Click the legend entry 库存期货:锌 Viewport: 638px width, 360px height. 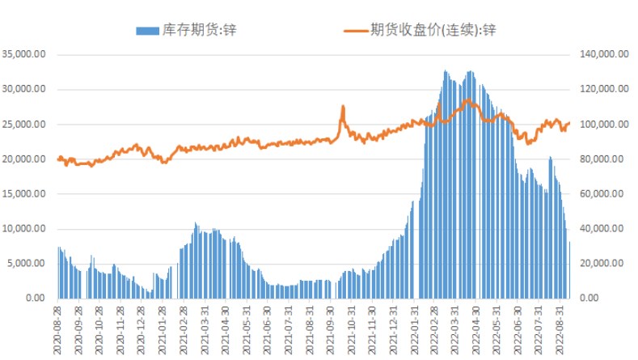(198, 31)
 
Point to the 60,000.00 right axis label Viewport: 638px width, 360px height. (602, 193)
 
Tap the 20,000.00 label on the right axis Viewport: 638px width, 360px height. (602, 263)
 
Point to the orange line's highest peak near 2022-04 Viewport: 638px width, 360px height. (467, 100)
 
